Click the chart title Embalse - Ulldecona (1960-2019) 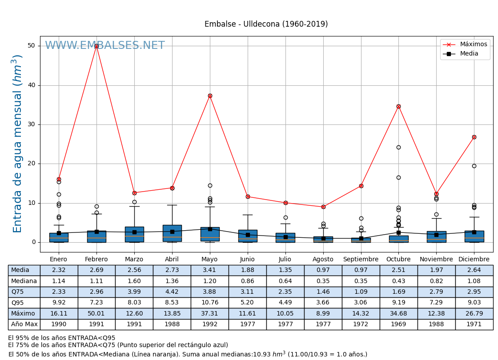(266, 24)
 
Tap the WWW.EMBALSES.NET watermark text (105, 46)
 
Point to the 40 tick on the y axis (31, 85)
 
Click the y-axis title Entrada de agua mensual (17, 143)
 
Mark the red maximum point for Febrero (96, 46)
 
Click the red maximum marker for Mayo (210, 96)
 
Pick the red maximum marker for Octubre (398, 106)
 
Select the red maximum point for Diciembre (474, 137)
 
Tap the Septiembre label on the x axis (361, 260)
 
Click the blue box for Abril (172, 233)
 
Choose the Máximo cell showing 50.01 (96, 314)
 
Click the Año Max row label (24, 324)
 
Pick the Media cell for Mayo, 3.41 (210, 270)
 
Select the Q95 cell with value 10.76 (210, 303)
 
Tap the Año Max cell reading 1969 (398, 324)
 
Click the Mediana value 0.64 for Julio (285, 281)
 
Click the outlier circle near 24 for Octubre (398, 147)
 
